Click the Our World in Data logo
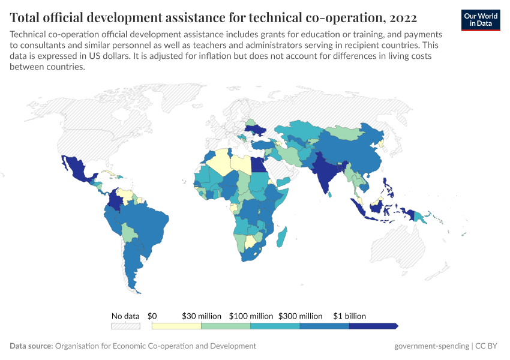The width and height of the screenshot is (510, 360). pyautogui.click(x=480, y=20)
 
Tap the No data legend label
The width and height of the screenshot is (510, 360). pyautogui.click(x=125, y=316)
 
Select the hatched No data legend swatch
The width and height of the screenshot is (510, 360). pyautogui.click(x=125, y=326)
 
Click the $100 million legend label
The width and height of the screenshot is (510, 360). pyautogui.click(x=251, y=316)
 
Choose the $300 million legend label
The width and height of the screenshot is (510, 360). pyautogui.click(x=300, y=316)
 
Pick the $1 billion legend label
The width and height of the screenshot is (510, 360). pyautogui.click(x=350, y=316)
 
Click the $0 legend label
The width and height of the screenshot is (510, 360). pyautogui.click(x=152, y=316)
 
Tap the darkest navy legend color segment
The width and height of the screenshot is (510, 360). pyautogui.click(x=373, y=326)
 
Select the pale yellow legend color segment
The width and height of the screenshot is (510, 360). pyautogui.click(x=176, y=326)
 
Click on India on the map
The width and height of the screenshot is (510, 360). pyautogui.click(x=324, y=173)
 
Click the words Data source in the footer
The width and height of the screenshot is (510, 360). pyautogui.click(x=31, y=346)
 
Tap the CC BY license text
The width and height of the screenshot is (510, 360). pyautogui.click(x=488, y=346)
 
